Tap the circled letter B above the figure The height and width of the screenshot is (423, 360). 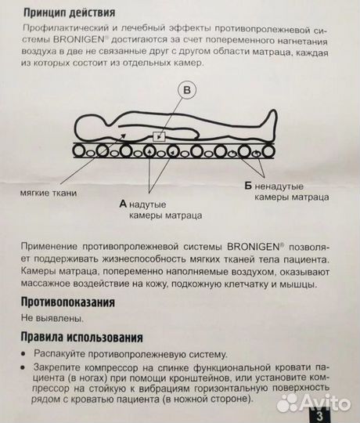click(x=187, y=91)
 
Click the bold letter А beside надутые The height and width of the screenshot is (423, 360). click(x=123, y=202)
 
